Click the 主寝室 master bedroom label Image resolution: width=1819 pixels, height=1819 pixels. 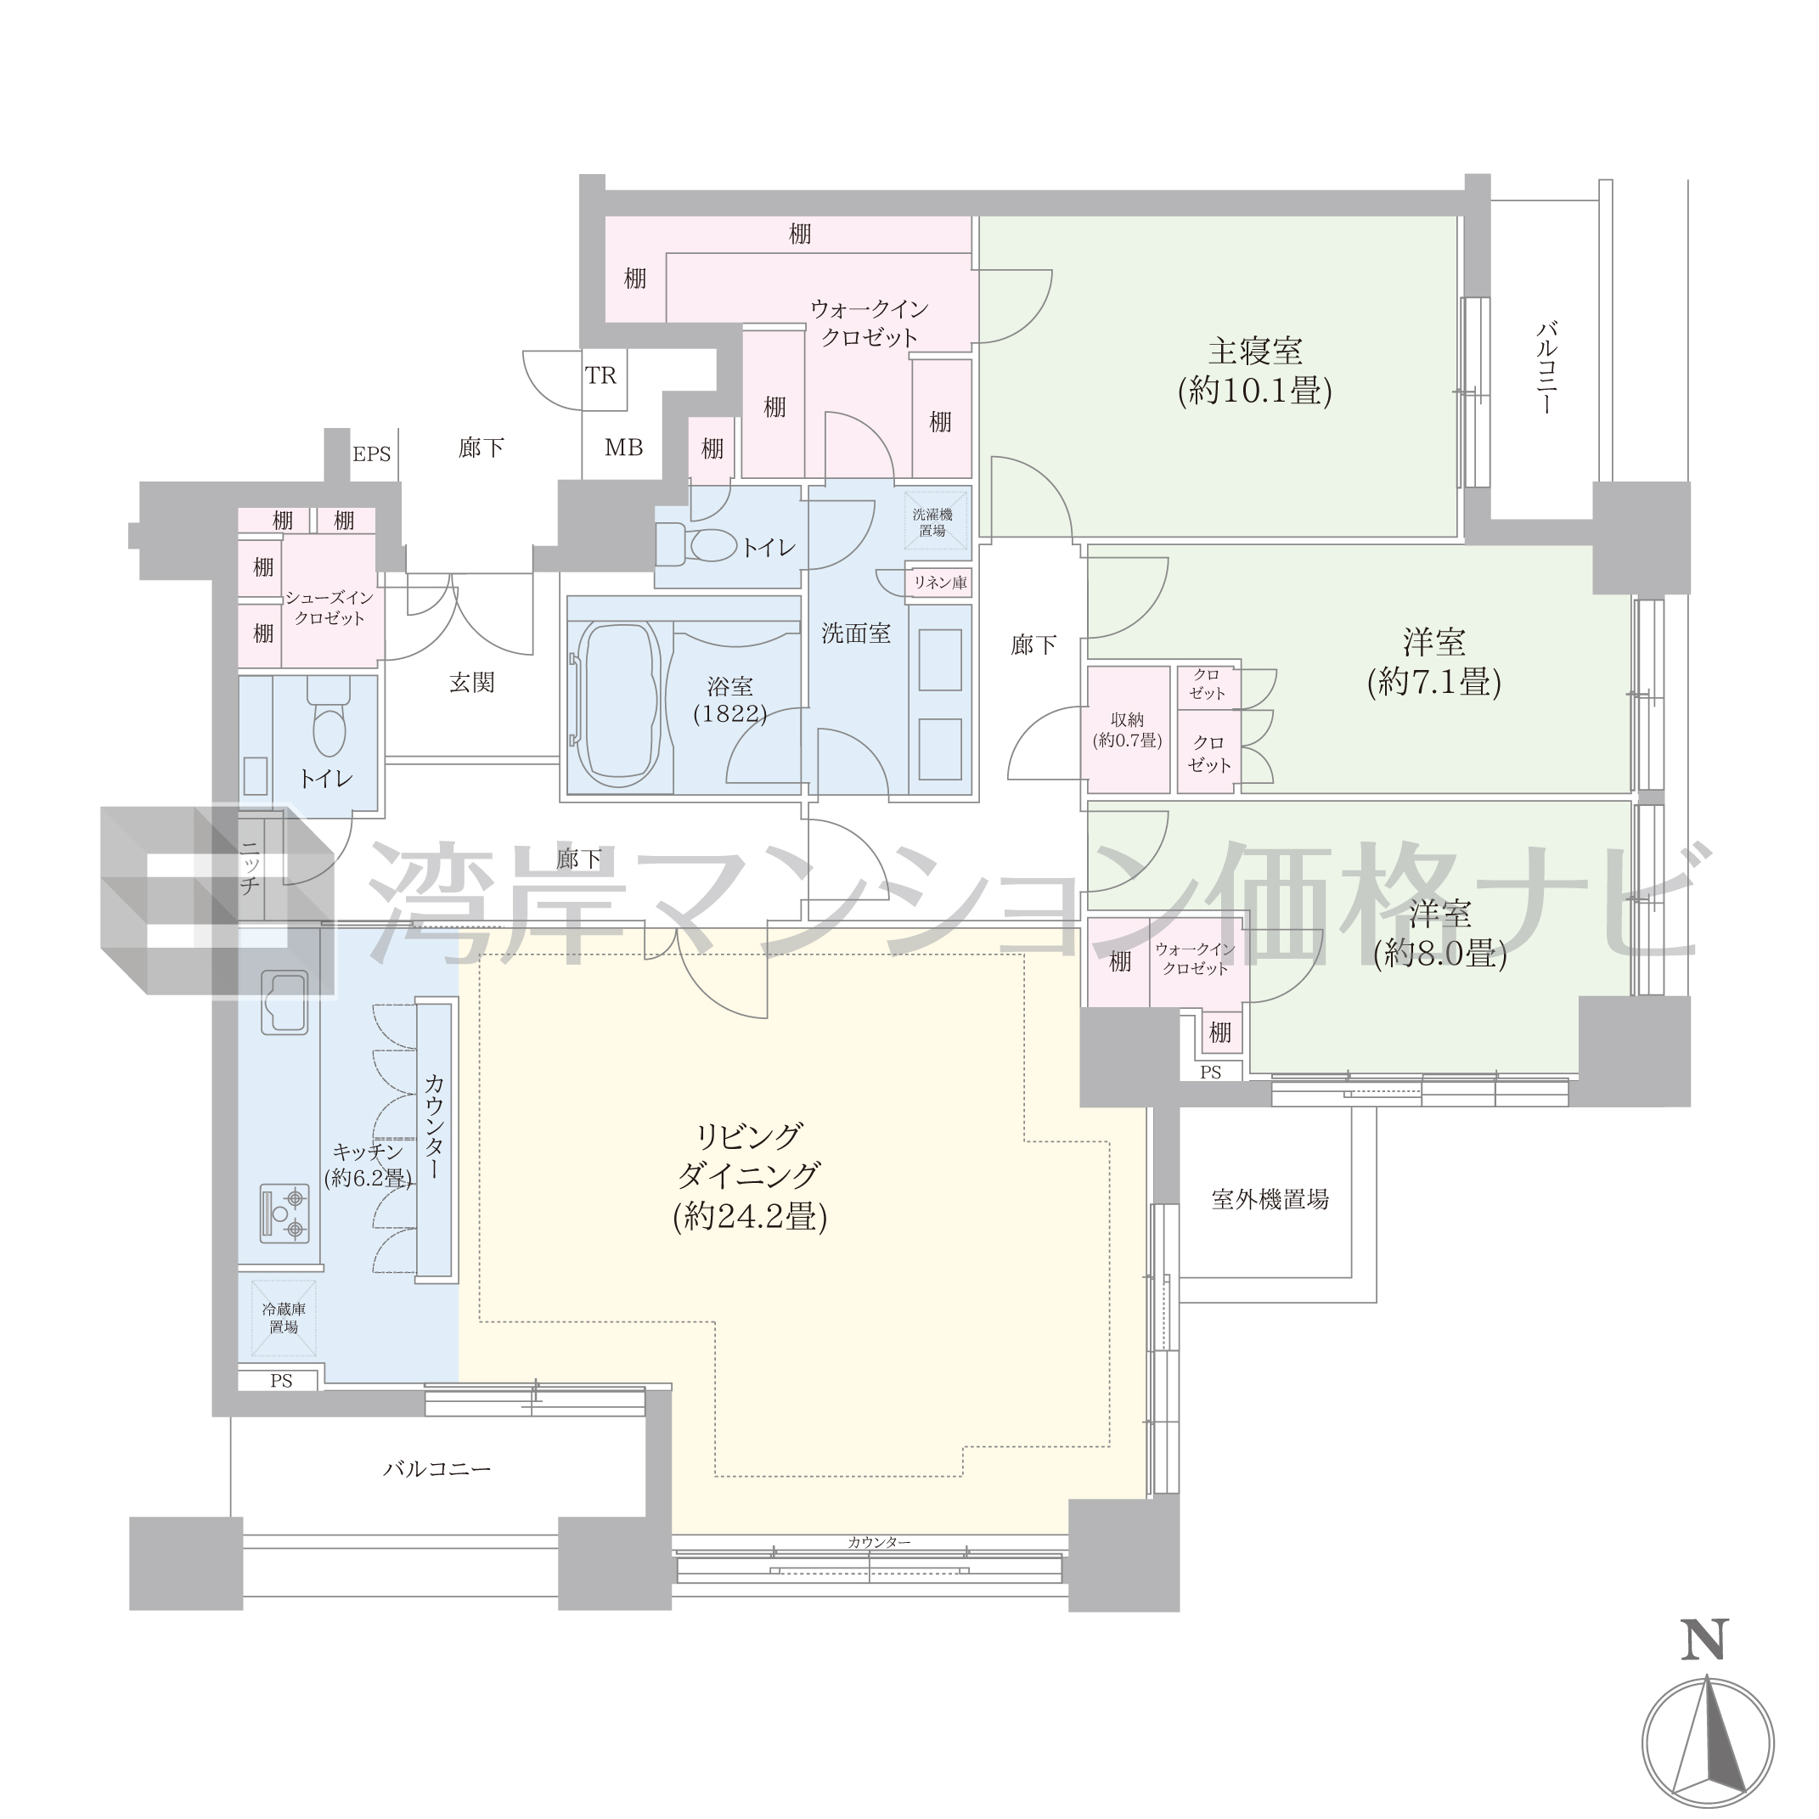point(1255,352)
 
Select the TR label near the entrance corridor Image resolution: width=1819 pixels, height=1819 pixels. point(600,375)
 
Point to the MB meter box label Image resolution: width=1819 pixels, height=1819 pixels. point(623,448)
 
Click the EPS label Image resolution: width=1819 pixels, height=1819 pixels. point(371,455)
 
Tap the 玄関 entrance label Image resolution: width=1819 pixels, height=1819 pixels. point(471,683)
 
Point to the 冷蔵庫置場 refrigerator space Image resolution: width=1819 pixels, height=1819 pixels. point(284,1318)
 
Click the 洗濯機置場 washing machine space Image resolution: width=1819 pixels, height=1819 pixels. point(932,522)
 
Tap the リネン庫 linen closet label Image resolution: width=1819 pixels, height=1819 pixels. point(939,583)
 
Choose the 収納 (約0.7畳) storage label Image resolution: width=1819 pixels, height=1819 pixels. point(1127,730)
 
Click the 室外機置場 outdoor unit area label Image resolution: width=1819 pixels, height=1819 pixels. point(1270,1199)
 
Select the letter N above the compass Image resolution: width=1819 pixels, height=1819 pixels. point(1705,1639)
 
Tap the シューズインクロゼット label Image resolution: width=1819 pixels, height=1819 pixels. point(329,607)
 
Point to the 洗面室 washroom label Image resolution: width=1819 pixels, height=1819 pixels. point(856,634)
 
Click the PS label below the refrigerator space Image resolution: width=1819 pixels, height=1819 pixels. point(280,1381)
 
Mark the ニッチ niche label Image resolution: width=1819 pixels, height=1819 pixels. point(250,868)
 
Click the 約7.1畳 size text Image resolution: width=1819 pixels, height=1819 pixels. point(1434,682)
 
